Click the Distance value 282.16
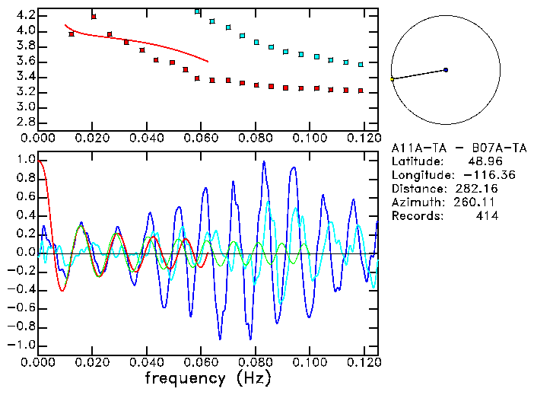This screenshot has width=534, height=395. pyautogui.click(x=474, y=189)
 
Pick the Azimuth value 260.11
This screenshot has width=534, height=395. pyautogui.click(x=474, y=202)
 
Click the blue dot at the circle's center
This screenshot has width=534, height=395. pyautogui.click(x=446, y=70)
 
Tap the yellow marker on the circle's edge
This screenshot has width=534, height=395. pyautogui.click(x=393, y=78)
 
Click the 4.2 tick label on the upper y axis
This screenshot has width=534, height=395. pyautogui.click(x=25, y=15)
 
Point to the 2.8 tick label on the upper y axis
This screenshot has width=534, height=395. pyautogui.click(x=25, y=122)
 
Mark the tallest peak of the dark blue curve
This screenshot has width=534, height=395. pyautogui.click(x=264, y=161)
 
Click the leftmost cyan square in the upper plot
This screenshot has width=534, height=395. pyautogui.click(x=198, y=11)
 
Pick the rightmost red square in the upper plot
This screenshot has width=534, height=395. pyautogui.click(x=361, y=91)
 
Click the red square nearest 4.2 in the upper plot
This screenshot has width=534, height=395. pyautogui.click(x=94, y=16)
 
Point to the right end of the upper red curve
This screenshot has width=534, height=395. pyautogui.click(x=208, y=62)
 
